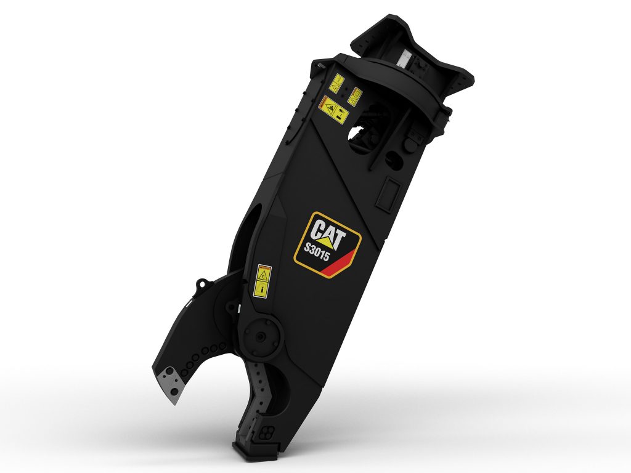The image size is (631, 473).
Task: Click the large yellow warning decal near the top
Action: tap(333, 109)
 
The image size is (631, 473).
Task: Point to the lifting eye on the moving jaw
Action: tap(200, 284)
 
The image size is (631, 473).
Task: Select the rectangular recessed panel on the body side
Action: tap(388, 193)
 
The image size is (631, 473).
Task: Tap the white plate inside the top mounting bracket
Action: tap(405, 59)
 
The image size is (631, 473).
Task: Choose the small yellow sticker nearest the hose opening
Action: tap(356, 95)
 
